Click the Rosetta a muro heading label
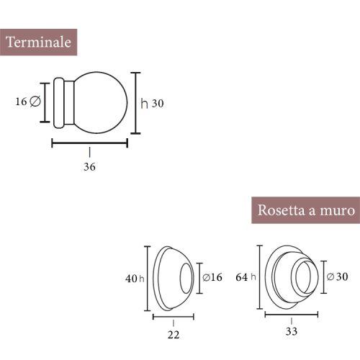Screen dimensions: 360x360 point(305,211)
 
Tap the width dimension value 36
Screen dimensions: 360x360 point(89,166)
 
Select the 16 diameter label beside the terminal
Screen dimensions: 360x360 point(27,102)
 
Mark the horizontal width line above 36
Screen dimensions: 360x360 point(89,143)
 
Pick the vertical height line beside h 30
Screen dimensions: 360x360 point(136,103)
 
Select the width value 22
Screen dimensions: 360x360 point(173,334)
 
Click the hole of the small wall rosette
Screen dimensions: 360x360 point(186,277)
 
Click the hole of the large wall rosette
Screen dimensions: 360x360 point(302,276)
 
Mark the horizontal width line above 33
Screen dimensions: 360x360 point(292,314)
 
